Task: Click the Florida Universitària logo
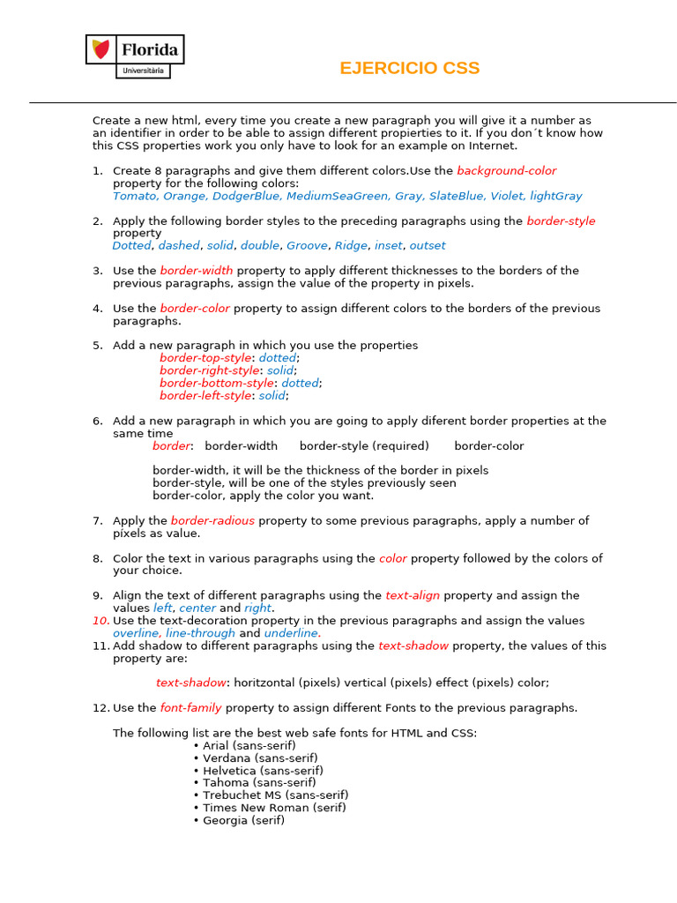tap(135, 56)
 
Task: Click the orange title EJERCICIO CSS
tap(409, 69)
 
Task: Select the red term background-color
tap(506, 171)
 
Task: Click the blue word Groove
tap(307, 246)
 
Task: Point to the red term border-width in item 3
tap(197, 271)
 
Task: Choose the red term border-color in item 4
tap(195, 309)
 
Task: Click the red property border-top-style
tap(205, 358)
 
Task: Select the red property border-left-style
tap(205, 396)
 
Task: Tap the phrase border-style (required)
tap(364, 446)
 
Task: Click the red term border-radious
tap(212, 521)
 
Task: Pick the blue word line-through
tap(200, 633)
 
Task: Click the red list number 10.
tap(100, 621)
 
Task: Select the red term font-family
tap(190, 708)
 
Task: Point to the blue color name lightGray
tap(555, 197)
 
